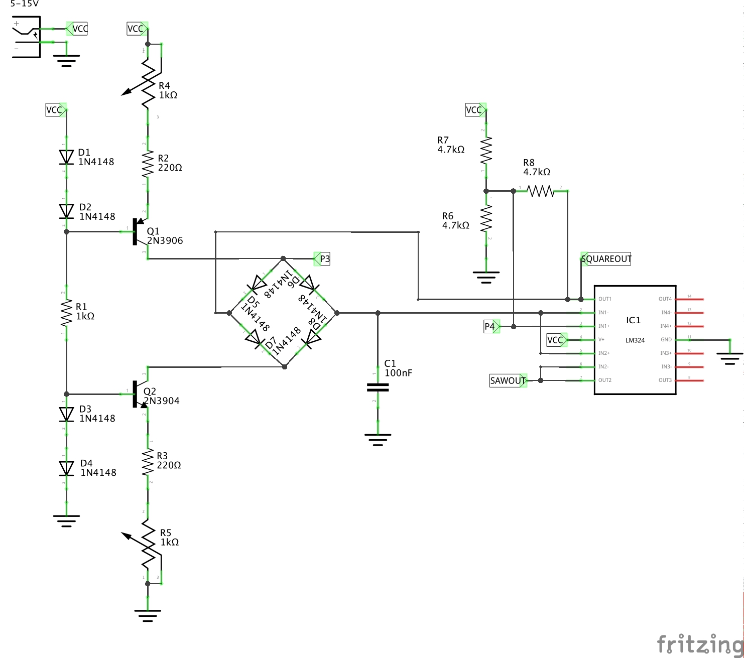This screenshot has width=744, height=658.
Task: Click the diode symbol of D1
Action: (66, 157)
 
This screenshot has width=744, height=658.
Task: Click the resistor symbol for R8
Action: (541, 191)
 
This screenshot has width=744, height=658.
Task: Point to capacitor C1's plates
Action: (378, 387)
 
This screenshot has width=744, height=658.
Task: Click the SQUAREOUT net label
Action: (605, 259)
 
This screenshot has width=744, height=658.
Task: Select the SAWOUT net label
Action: (508, 380)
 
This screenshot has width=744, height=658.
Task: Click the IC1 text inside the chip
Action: (633, 320)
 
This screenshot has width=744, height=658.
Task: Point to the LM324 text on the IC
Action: (635, 340)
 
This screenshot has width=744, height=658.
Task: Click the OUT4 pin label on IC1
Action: (665, 299)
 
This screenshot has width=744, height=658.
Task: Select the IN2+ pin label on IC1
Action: (604, 353)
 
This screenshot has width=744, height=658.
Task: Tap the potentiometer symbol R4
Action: (147, 83)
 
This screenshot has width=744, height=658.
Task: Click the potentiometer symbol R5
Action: (147, 545)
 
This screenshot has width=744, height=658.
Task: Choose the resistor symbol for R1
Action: (66, 313)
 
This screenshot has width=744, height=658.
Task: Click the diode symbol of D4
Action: (66, 468)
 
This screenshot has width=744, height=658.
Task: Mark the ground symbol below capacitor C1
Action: (378, 439)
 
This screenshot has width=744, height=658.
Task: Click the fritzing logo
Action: (699, 643)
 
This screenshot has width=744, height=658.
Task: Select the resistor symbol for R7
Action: (486, 151)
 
